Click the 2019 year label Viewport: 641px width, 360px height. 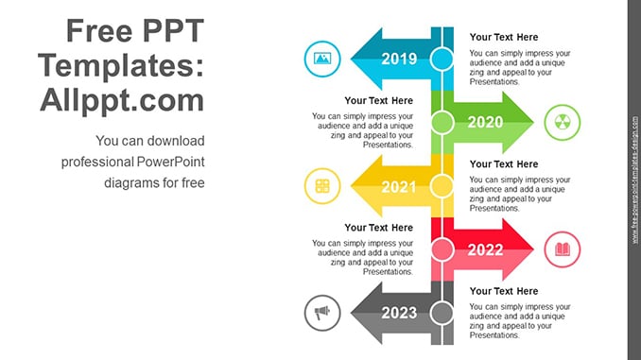pyautogui.click(x=399, y=59)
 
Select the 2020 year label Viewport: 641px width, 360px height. pyautogui.click(x=485, y=122)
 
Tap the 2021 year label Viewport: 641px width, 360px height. pyautogui.click(x=399, y=187)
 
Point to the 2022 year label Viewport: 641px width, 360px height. pyautogui.click(x=485, y=249)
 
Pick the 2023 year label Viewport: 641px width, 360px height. pyautogui.click(x=399, y=313)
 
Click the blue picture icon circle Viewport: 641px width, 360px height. pyautogui.click(x=322, y=59)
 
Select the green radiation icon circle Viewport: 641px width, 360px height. pyautogui.click(x=563, y=122)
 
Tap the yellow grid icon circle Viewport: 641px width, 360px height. pyautogui.click(x=322, y=186)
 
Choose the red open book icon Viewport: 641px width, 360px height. pyautogui.click(x=563, y=249)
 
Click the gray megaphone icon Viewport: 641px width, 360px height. pyautogui.click(x=322, y=313)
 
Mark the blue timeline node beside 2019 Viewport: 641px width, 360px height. pyautogui.click(x=442, y=59)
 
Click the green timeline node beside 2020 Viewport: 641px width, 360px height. pyautogui.click(x=442, y=122)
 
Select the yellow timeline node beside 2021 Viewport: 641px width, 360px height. pyautogui.click(x=442, y=186)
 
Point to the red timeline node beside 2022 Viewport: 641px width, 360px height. pyautogui.click(x=442, y=249)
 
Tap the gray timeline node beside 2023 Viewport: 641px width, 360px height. pyautogui.click(x=442, y=313)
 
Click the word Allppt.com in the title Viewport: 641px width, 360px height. pyautogui.click(x=122, y=100)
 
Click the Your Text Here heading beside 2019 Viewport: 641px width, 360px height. pyautogui.click(x=504, y=37)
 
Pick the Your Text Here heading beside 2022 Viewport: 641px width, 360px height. pyautogui.click(x=378, y=228)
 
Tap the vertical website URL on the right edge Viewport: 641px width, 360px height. pyautogui.click(x=635, y=180)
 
